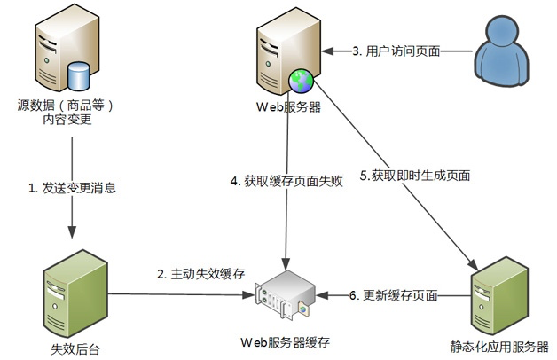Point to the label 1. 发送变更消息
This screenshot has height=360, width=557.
pyautogui.click(x=72, y=188)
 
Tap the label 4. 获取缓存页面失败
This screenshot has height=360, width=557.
pyautogui.click(x=282, y=181)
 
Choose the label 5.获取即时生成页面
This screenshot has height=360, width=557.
pyautogui.click(x=414, y=176)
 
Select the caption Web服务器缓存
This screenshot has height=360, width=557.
pyautogui.click(x=283, y=340)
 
